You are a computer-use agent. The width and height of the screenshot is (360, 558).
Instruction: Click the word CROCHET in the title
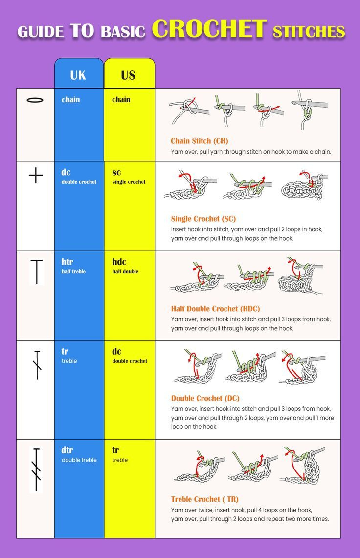click(209, 29)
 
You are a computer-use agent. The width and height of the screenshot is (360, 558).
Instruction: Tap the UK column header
click(78, 75)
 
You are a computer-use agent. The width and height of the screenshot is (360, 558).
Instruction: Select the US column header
click(128, 75)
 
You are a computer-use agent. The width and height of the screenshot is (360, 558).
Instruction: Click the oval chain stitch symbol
click(35, 100)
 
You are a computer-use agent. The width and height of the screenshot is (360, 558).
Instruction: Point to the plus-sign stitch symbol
click(36, 175)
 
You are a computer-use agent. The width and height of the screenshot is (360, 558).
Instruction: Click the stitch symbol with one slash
click(37, 365)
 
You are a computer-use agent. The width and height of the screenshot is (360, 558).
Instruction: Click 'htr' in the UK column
click(67, 262)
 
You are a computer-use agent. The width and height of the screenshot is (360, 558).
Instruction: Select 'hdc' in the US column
click(119, 262)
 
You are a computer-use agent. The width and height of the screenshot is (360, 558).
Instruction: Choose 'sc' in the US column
click(116, 172)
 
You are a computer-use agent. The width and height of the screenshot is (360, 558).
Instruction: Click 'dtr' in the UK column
click(67, 450)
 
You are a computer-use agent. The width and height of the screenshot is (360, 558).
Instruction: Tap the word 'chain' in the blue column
click(70, 100)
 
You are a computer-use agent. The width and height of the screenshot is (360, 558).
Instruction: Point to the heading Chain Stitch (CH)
click(199, 141)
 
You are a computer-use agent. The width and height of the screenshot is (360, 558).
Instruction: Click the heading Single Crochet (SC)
click(203, 219)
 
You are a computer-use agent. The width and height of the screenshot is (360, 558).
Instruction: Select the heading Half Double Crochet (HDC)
click(215, 309)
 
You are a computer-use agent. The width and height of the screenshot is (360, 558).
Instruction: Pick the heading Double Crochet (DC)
click(205, 398)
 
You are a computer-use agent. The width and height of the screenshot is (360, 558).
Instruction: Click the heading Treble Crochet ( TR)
click(204, 499)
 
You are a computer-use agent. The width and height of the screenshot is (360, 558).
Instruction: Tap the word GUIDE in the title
click(41, 32)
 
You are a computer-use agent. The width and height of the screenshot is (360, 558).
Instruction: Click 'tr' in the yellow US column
click(115, 450)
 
